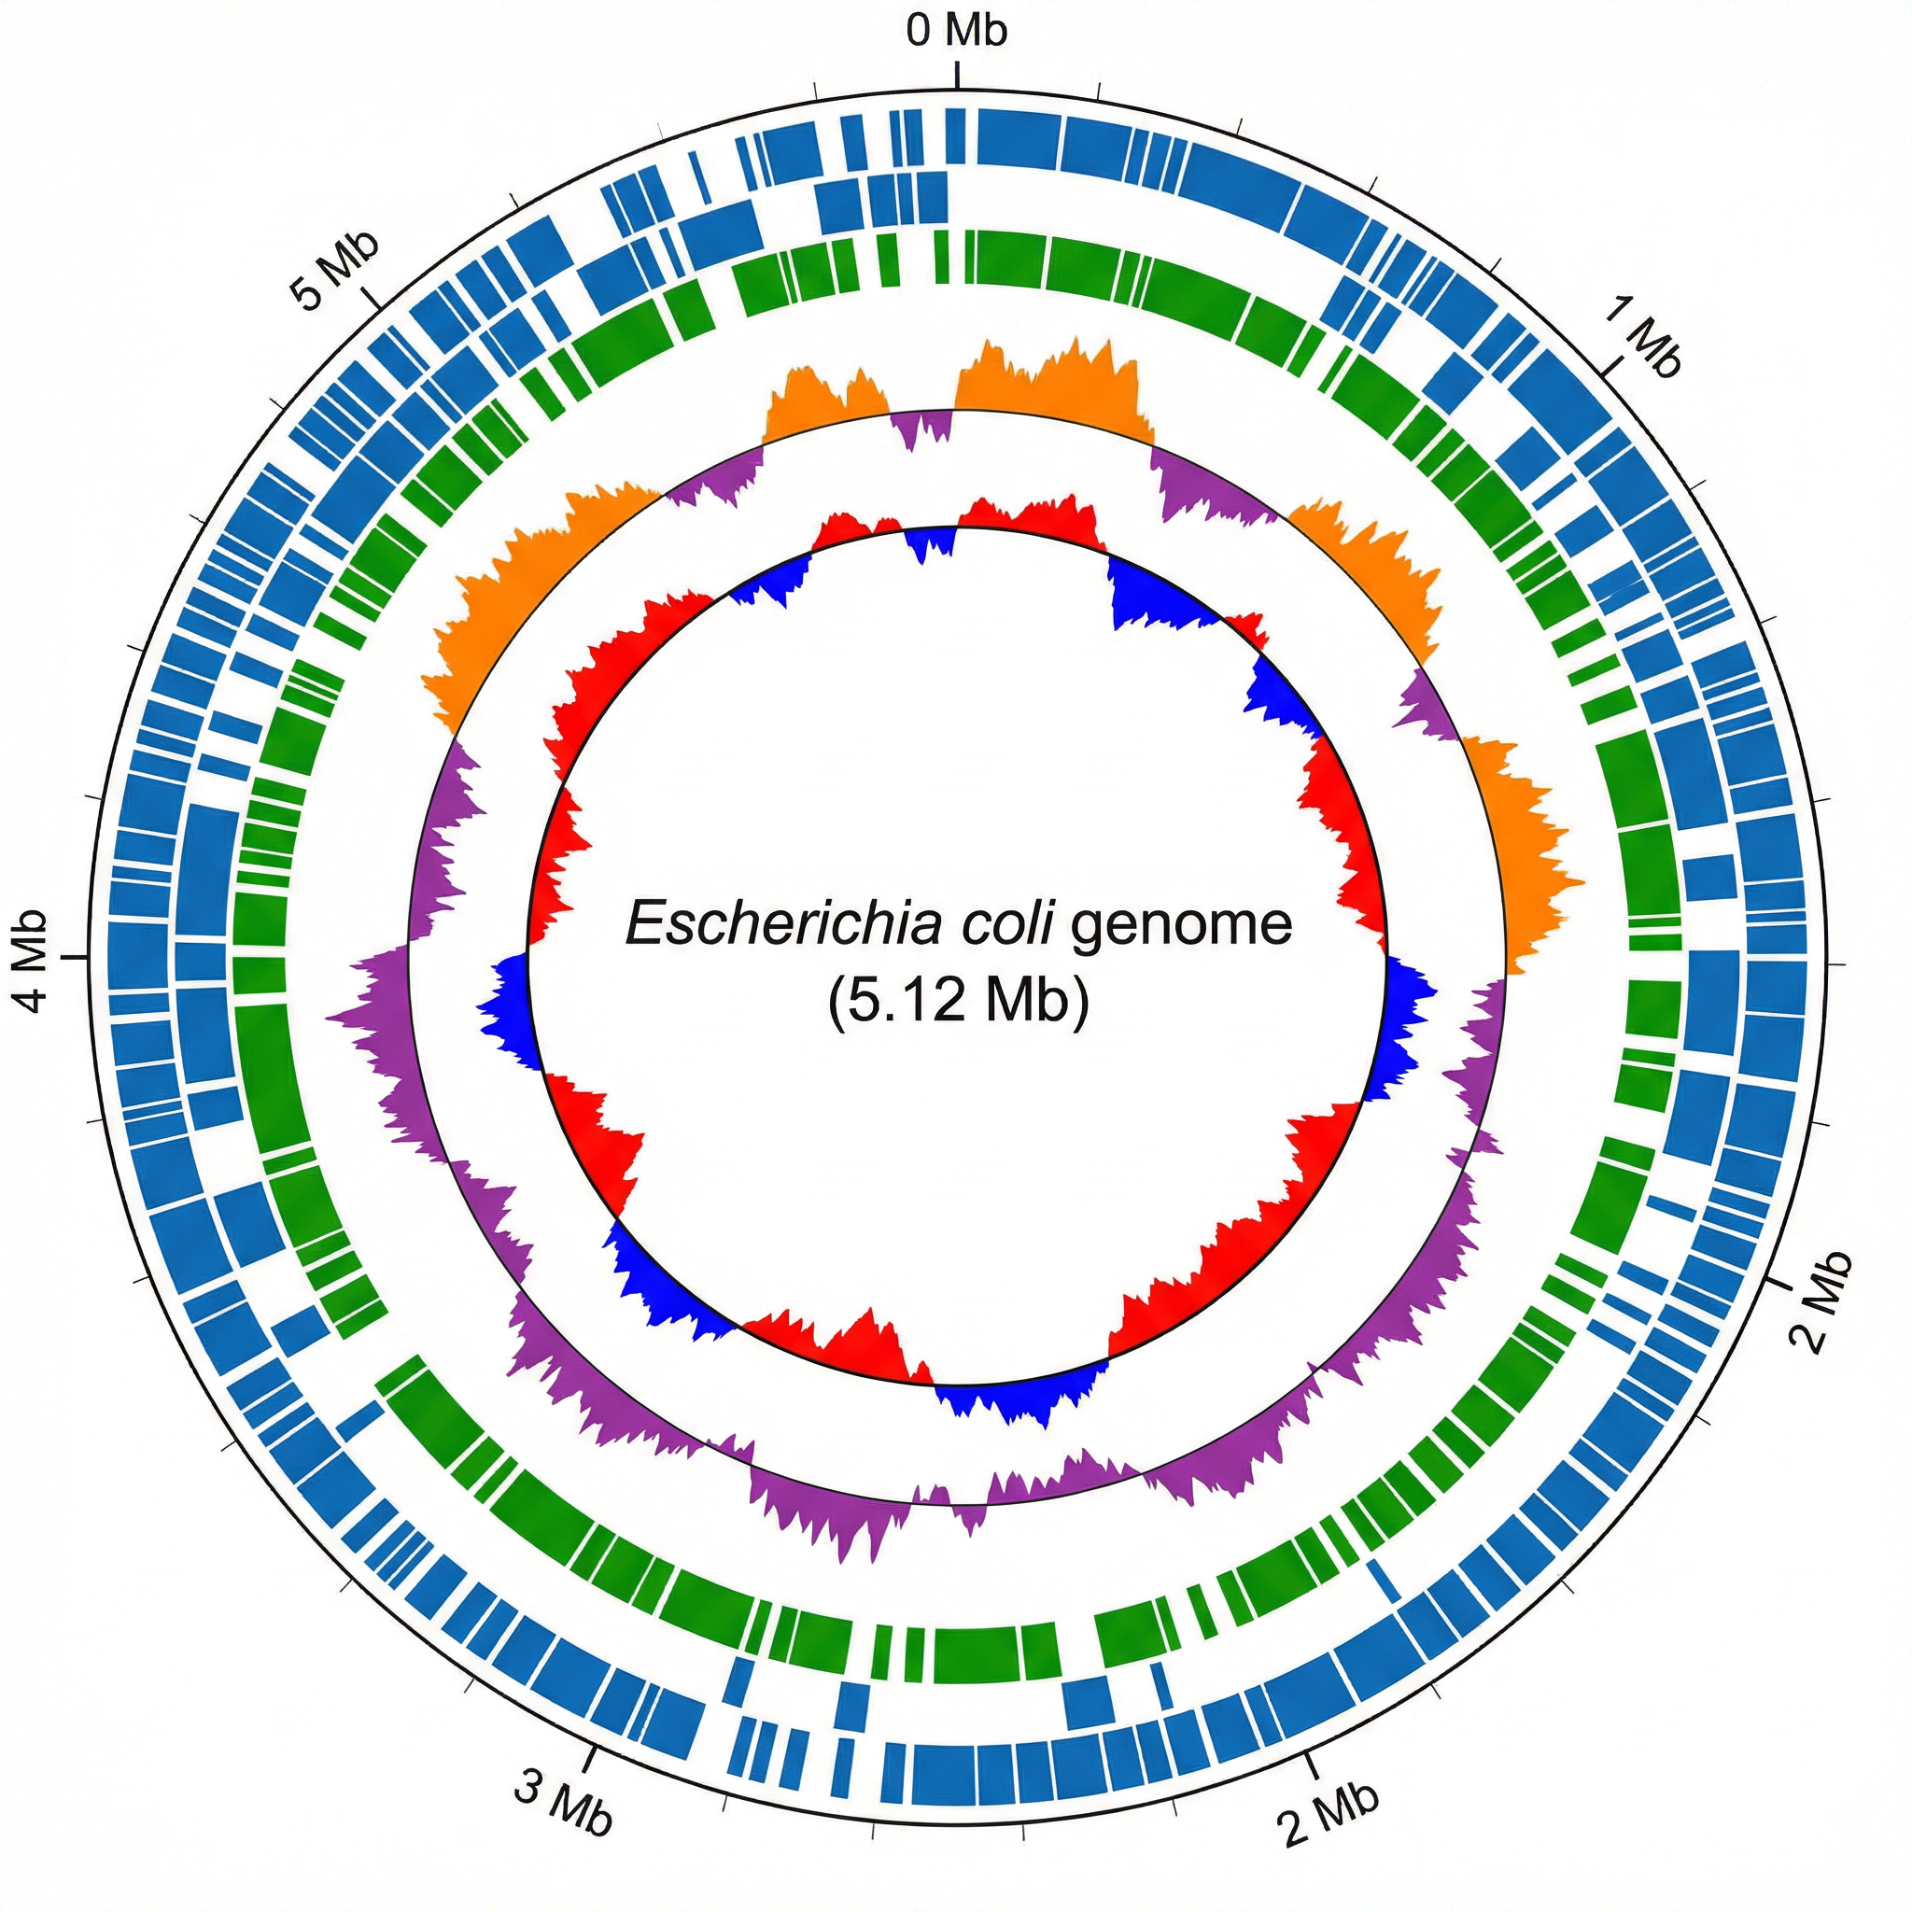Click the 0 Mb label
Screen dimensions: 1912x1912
956,31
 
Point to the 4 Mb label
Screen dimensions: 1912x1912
32,960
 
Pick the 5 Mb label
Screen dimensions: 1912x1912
334,269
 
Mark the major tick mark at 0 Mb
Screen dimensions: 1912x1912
957,75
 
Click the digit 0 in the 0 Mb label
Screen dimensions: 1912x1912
920,31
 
